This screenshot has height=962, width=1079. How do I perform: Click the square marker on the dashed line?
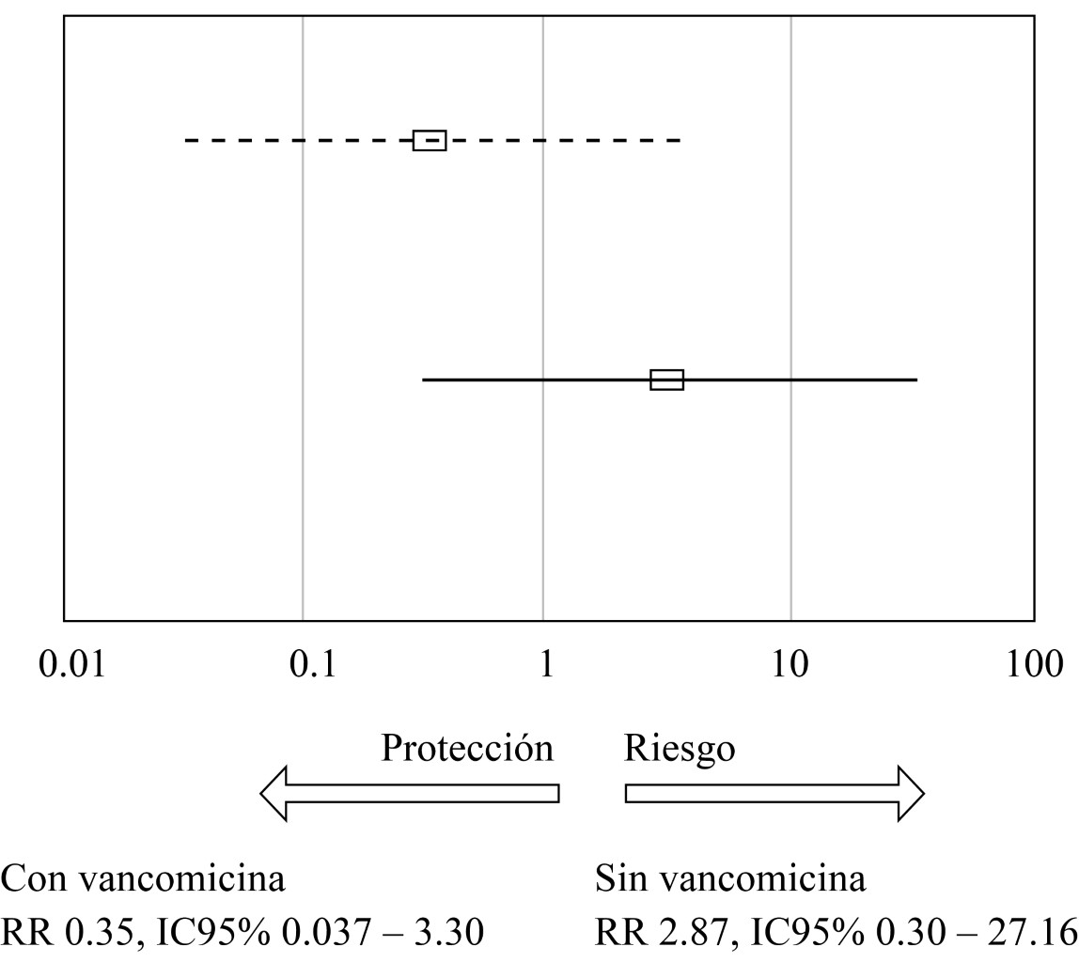(430, 140)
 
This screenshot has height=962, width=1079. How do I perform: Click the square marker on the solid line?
(666, 380)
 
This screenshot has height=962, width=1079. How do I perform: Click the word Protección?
(467, 749)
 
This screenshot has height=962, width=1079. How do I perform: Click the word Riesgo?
(680, 749)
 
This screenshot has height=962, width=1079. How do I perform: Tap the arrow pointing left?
(409, 793)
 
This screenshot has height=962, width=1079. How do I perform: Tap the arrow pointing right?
(775, 793)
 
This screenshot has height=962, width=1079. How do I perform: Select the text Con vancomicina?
(143, 880)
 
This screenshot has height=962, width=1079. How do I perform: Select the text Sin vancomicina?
(730, 880)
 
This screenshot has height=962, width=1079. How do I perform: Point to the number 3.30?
(450, 933)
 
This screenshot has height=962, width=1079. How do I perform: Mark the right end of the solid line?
(915, 380)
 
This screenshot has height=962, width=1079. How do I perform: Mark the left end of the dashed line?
(186, 140)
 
